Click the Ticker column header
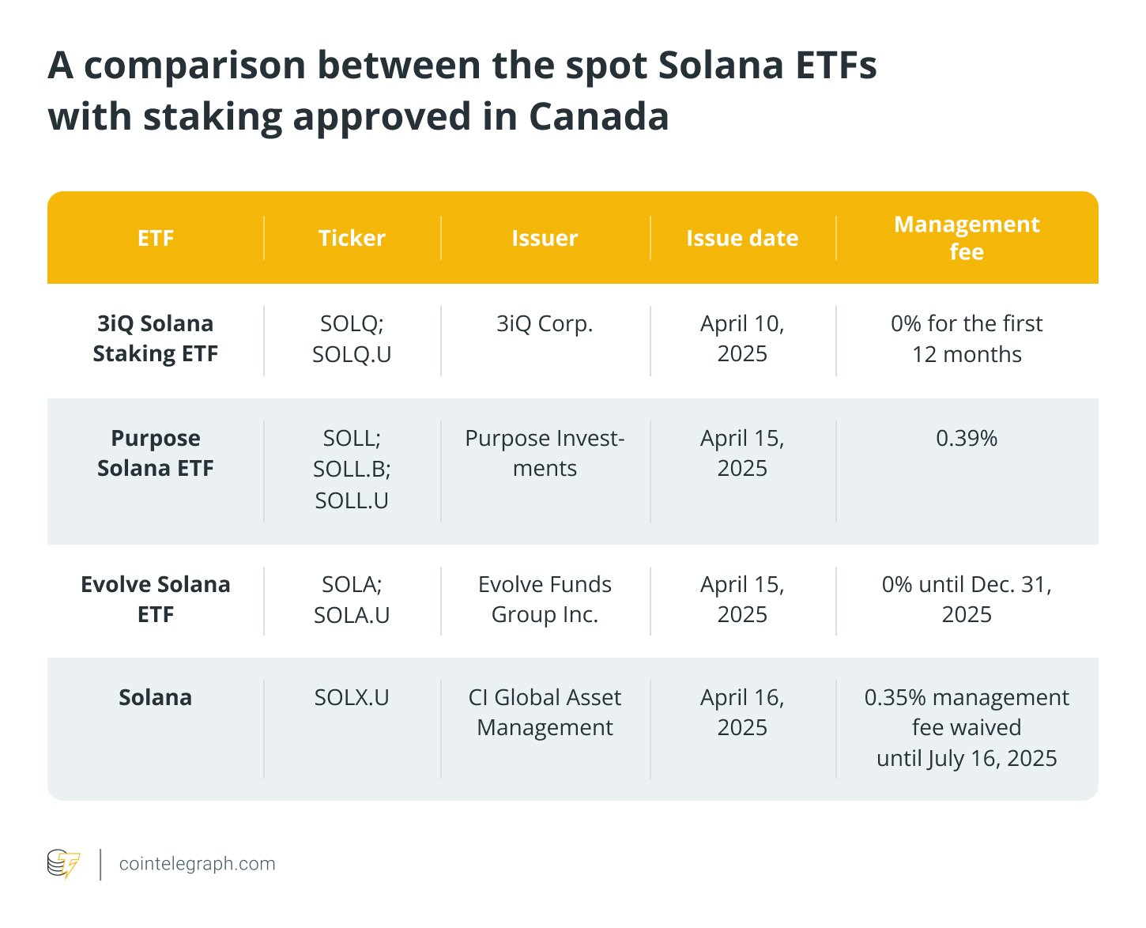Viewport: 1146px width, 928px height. coord(352,238)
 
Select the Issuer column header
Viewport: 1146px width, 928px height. coord(545,238)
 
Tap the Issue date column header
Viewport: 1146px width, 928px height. coord(742,238)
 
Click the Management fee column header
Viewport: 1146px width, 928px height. coord(967,238)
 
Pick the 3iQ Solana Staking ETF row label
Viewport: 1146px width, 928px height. coord(156,338)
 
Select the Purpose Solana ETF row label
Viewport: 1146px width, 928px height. coord(156,453)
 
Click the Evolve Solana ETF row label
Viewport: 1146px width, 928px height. coord(156,599)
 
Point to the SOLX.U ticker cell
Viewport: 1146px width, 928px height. coord(352,697)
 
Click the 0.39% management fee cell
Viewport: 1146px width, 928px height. coord(967,438)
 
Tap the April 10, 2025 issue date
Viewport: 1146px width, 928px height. coord(742,338)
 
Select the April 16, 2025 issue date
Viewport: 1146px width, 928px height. coord(742,712)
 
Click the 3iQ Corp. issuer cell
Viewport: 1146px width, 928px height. coord(545,323)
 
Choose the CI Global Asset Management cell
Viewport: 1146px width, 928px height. coord(545,712)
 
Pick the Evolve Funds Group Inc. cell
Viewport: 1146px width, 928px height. coord(545,599)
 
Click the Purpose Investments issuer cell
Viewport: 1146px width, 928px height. coord(545,453)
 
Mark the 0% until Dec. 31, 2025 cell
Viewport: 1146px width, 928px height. coord(967,599)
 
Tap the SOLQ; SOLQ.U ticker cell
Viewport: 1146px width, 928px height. coord(352,338)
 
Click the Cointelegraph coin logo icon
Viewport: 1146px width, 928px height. coord(63,863)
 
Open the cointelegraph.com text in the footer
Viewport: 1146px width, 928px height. coord(197,864)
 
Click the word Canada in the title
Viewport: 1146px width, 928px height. coord(598,117)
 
